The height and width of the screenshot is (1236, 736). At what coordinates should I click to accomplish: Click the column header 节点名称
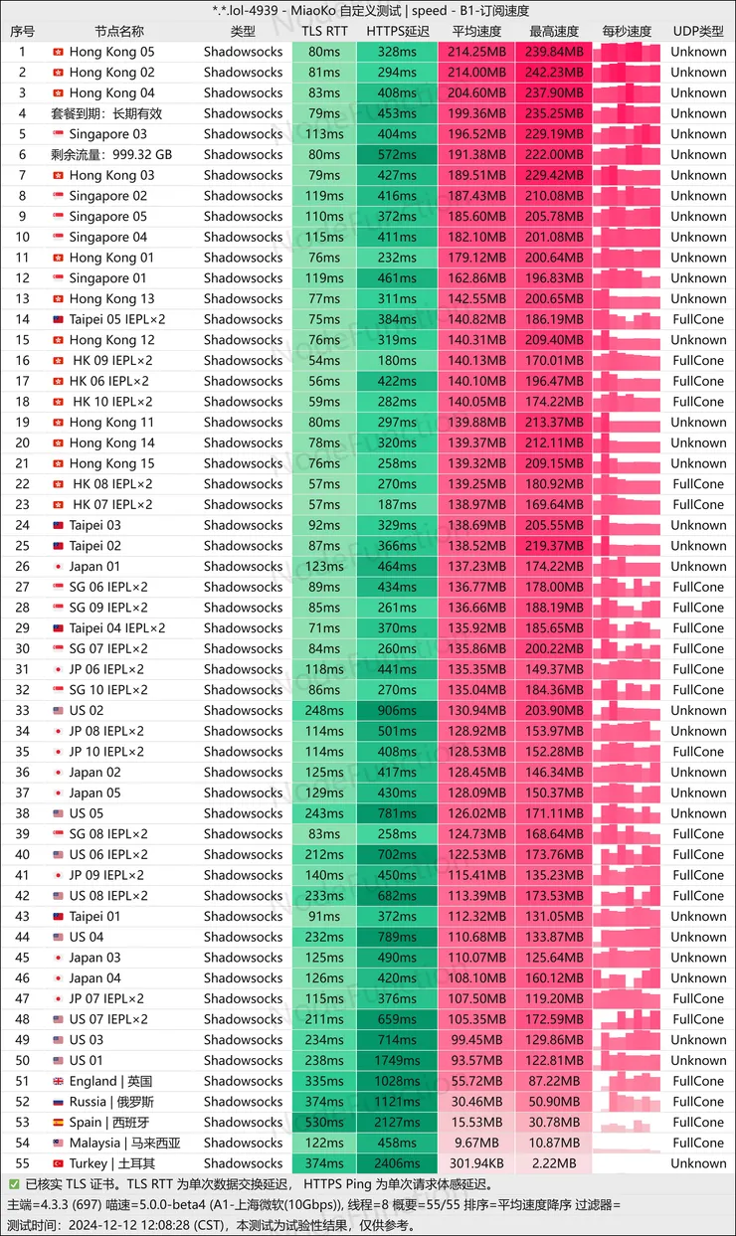click(119, 31)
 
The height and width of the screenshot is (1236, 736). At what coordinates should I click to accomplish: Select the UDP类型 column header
click(698, 31)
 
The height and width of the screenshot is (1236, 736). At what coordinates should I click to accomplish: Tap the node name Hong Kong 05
click(111, 52)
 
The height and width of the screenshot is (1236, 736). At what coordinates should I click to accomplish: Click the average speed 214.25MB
click(476, 52)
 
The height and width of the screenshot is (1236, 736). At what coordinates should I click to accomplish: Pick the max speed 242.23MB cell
click(554, 72)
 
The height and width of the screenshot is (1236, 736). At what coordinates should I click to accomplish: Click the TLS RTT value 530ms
click(324, 1123)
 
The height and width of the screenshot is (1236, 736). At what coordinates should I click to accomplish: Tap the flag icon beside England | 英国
click(58, 1081)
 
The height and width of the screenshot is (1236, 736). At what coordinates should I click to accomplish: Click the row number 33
click(23, 710)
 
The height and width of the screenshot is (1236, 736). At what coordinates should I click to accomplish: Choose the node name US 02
click(86, 710)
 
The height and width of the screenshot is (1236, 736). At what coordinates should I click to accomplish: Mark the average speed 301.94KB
click(476, 1163)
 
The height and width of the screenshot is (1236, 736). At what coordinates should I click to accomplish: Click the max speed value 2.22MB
click(554, 1163)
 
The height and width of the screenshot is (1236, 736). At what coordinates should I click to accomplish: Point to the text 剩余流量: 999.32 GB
click(111, 154)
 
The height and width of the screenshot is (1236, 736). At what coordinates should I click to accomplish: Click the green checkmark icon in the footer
click(14, 1184)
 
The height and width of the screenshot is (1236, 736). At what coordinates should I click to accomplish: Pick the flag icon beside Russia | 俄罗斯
click(58, 1102)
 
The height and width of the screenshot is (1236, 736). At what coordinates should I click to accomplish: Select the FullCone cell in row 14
click(698, 319)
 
